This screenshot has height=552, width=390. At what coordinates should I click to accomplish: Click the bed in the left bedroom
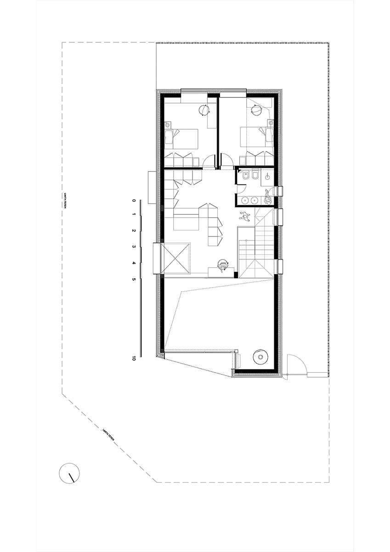[182, 138]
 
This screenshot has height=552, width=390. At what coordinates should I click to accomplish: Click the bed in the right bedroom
[256, 138]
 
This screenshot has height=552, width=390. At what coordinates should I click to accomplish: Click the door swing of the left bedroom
[209, 161]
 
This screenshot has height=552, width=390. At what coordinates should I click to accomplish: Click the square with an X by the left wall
[176, 259]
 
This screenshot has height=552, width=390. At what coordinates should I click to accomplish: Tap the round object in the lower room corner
[260, 356]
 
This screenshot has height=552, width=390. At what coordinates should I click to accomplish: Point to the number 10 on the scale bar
[133, 358]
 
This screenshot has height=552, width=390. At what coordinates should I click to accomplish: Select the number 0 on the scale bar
[133, 201]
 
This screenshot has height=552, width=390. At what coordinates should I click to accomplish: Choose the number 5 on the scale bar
[133, 279]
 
